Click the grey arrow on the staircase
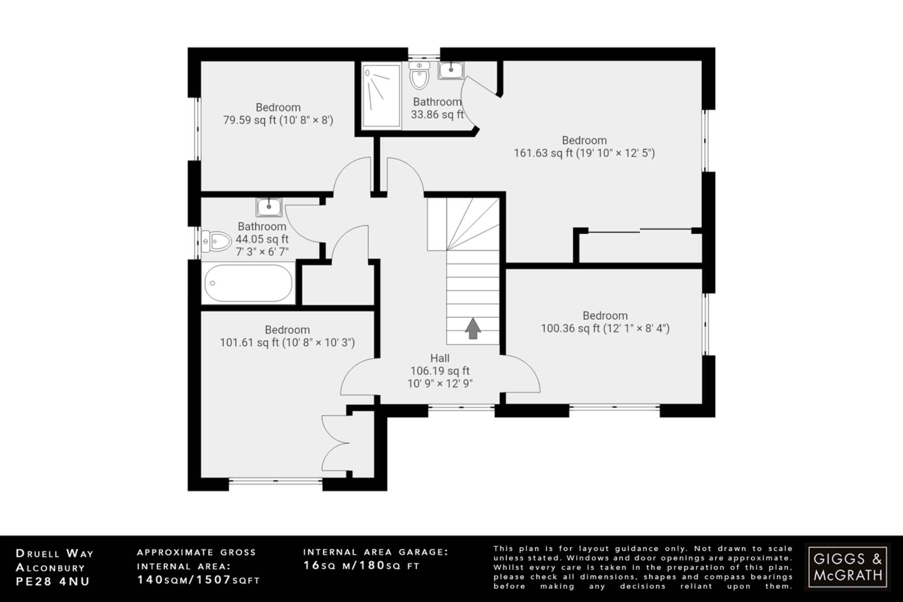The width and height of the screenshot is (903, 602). click(473, 328)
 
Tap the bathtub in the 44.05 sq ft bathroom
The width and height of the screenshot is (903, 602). click(248, 283)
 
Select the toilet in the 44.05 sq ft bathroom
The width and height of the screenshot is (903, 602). click(216, 242)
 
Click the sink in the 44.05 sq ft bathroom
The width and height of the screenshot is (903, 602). click(269, 207)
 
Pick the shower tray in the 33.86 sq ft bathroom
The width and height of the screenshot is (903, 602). click(381, 96)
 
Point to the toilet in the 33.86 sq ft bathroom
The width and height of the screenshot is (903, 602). click(419, 76)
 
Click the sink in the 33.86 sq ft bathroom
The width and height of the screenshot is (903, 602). click(451, 70)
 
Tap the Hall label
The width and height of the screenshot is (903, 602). click(440, 358)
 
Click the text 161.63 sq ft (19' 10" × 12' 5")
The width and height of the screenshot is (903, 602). click(584, 153)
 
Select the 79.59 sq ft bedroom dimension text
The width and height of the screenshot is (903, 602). click(278, 120)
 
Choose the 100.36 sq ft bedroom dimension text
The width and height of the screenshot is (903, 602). click(605, 328)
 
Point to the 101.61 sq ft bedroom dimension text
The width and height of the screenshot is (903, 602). click(287, 342)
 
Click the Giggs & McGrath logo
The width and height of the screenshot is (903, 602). click(847, 567)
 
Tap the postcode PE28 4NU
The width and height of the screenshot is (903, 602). click(53, 581)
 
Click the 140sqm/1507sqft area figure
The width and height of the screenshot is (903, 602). click(198, 580)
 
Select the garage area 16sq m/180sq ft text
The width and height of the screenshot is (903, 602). click(362, 565)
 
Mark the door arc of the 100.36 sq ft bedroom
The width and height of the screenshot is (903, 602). click(522, 374)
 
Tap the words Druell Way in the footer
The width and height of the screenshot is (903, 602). click(55, 553)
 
